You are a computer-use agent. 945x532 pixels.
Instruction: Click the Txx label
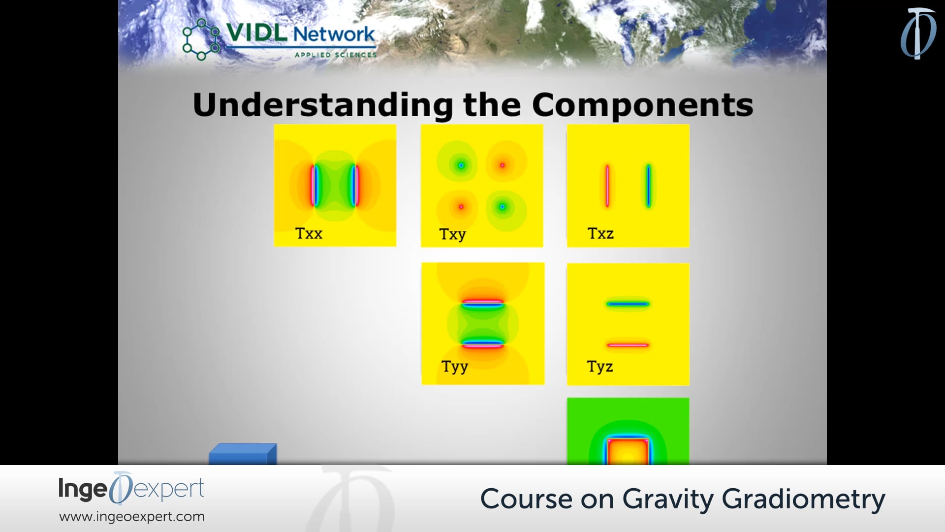coord(309,233)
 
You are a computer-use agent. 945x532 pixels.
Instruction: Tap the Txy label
coord(452,234)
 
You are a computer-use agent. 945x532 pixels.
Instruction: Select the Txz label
coord(600,233)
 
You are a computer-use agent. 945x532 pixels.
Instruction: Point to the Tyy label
coord(454,366)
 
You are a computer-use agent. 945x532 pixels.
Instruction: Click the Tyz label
coord(599,366)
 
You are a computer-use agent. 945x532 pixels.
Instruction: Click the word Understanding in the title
coord(322,105)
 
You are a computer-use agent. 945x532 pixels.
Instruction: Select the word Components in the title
coord(642,105)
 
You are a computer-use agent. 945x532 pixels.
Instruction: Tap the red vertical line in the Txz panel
coord(607,186)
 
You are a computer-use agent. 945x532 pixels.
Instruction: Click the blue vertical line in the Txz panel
coord(648,186)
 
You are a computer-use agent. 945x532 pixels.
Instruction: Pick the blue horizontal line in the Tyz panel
coord(628,304)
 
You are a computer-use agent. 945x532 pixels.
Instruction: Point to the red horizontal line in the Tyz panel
coord(628,345)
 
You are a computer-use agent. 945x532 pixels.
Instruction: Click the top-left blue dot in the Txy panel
coord(461,166)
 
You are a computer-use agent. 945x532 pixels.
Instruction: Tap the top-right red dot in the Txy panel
coord(502,166)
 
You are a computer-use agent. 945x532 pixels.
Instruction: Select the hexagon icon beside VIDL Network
coord(201,39)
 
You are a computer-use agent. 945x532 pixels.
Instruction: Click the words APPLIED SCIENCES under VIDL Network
coord(336,55)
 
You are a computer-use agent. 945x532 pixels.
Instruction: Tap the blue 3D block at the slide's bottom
coord(242,454)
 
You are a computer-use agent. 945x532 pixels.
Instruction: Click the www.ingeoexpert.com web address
coord(132,516)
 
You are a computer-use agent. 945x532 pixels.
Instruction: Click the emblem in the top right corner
coord(918,33)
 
